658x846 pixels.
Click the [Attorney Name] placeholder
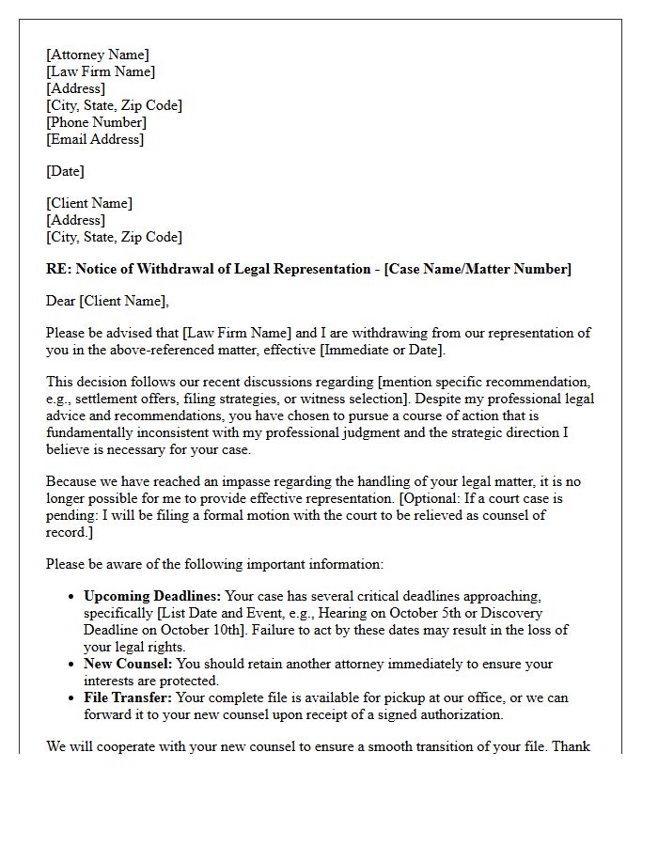click(x=97, y=55)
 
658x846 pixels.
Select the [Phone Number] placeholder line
click(x=96, y=122)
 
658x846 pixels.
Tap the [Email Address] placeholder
click(x=95, y=139)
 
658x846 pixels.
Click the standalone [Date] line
click(x=65, y=171)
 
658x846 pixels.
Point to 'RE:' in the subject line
click(x=58, y=269)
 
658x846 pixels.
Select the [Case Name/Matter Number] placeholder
click(x=477, y=269)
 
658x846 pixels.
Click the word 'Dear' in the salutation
click(x=61, y=301)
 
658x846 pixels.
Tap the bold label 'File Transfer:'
click(x=125, y=697)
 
